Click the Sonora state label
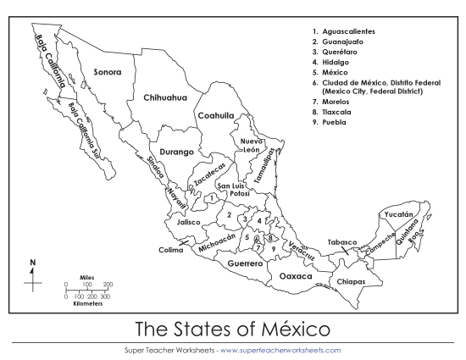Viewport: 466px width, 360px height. point(108,72)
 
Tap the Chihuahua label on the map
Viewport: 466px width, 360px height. point(164,97)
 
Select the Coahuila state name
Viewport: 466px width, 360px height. point(216,116)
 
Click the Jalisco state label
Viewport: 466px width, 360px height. point(188,222)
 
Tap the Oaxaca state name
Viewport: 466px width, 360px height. point(296,276)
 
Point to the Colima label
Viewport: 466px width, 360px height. point(170,250)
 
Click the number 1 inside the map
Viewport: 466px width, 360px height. point(211,197)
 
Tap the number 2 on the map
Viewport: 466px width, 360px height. point(229,215)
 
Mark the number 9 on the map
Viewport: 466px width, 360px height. point(274,248)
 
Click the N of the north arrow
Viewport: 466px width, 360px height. point(33,263)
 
